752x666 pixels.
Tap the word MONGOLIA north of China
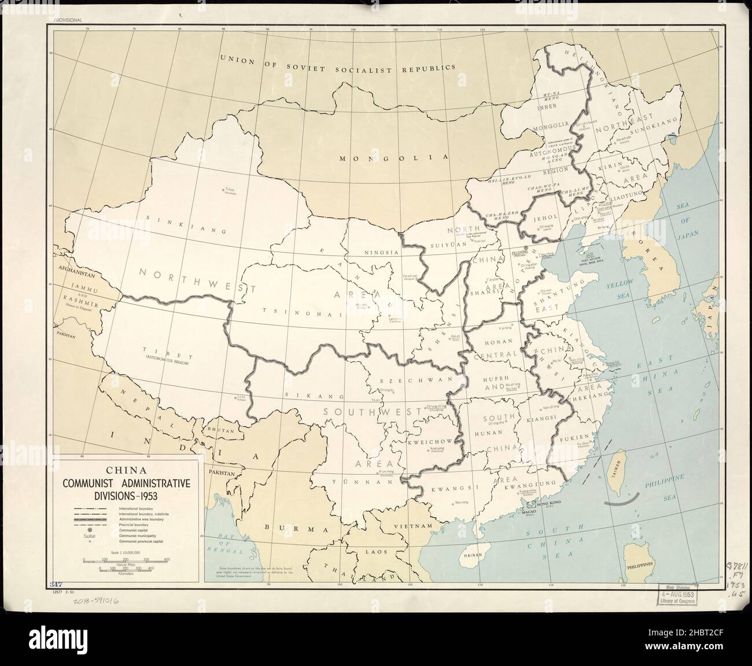tap(395, 157)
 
